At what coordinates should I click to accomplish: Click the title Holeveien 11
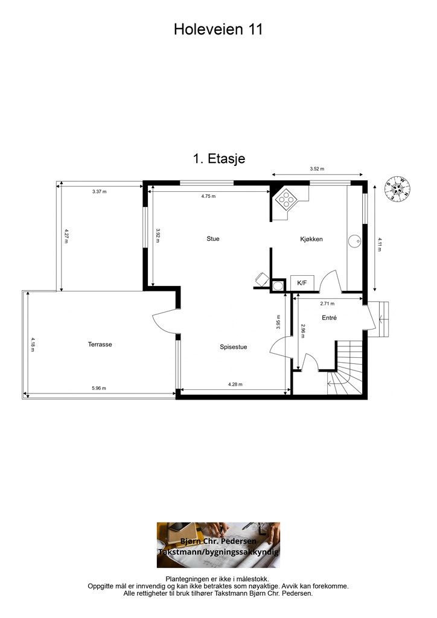(x=218, y=29)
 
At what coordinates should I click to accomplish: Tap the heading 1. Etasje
(x=219, y=159)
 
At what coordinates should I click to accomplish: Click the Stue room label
(x=213, y=239)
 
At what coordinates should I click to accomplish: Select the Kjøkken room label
(x=311, y=239)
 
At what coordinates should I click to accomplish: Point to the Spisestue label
(x=233, y=347)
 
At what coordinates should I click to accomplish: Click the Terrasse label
(x=100, y=345)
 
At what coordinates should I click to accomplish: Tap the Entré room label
(x=329, y=317)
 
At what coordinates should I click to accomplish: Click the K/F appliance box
(x=302, y=283)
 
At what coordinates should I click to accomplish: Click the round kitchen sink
(x=354, y=240)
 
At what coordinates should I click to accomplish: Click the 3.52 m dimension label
(x=317, y=169)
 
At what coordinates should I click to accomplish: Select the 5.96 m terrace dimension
(x=99, y=388)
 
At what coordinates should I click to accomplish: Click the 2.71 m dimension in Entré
(x=327, y=304)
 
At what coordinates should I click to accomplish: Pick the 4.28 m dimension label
(x=235, y=384)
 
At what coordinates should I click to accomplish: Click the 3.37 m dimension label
(x=100, y=192)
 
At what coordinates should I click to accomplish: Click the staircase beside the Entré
(x=345, y=368)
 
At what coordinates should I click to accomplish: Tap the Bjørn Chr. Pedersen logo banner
(x=218, y=545)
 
